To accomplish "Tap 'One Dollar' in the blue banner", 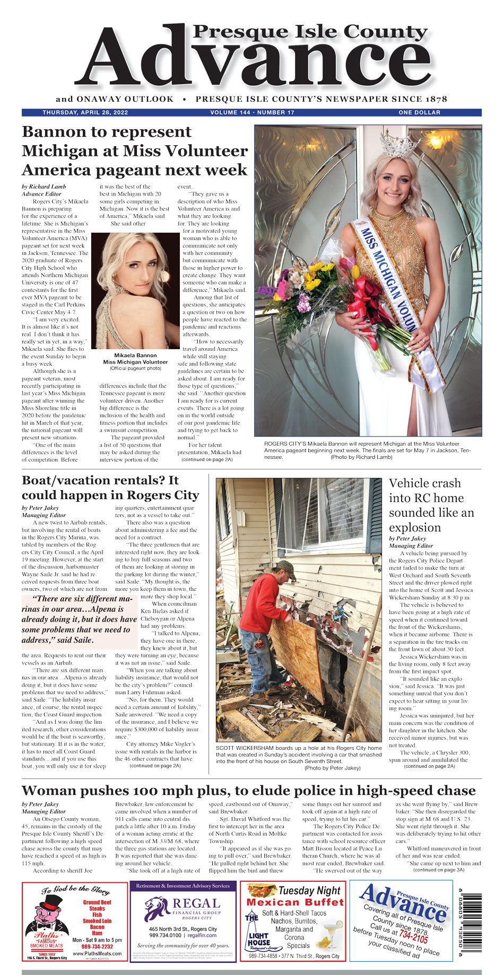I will click(x=419, y=112).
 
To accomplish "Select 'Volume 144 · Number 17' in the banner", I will click(x=252, y=112).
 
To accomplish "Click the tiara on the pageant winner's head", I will click(x=399, y=144).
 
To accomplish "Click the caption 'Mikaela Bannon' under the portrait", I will click(x=135, y=356).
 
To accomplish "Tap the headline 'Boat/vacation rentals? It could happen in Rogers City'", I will click(x=110, y=487).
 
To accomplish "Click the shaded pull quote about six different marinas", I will click(x=80, y=619).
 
